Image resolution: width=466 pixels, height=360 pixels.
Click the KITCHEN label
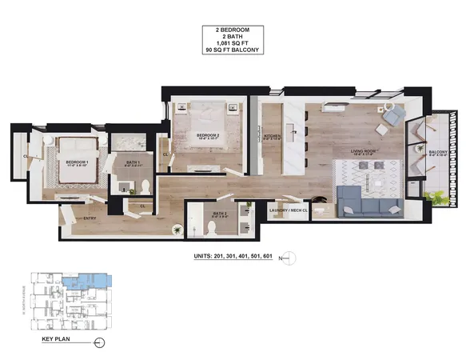pyautogui.click(x=273, y=136)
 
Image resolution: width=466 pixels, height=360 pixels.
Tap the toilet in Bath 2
pyautogui.click(x=209, y=229)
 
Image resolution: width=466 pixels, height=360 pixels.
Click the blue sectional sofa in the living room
pyautogui.click(x=370, y=201)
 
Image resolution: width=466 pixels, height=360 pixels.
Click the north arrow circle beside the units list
pyautogui.click(x=290, y=257)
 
